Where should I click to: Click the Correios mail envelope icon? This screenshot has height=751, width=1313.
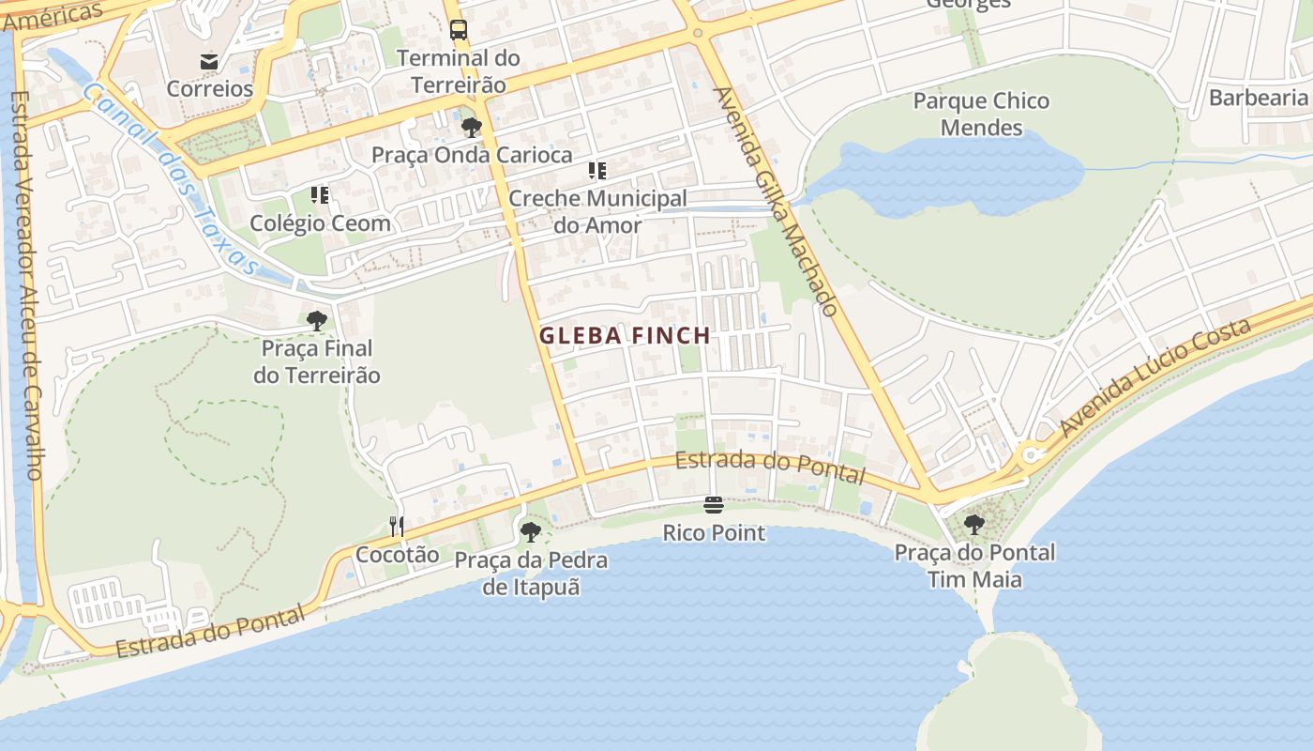(x=209, y=62)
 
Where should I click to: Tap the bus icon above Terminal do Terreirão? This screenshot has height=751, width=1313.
(x=458, y=30)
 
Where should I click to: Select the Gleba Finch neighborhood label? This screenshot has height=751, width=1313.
(x=625, y=335)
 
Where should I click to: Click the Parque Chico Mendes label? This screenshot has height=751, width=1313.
(x=981, y=114)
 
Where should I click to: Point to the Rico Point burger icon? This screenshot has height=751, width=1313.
(x=714, y=506)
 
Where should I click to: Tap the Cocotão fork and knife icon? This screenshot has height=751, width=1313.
(x=397, y=527)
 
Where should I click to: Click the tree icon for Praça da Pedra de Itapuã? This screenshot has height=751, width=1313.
(x=530, y=532)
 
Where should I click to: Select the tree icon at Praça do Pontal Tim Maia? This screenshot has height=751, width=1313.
(x=974, y=525)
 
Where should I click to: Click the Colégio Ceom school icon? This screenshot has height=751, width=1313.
(x=320, y=195)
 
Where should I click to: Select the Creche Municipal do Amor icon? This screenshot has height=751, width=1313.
(x=597, y=171)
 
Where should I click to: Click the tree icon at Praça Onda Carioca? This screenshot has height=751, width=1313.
(x=471, y=127)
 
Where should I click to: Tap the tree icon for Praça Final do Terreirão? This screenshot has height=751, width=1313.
(x=317, y=321)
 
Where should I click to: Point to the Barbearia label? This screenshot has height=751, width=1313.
(x=1258, y=98)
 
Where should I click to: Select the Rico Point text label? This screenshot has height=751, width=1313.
(x=714, y=533)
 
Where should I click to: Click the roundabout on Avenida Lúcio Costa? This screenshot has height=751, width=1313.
(x=1031, y=455)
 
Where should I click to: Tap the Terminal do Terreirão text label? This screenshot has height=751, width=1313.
(x=458, y=71)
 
